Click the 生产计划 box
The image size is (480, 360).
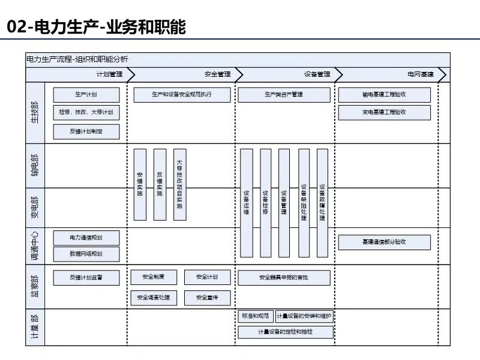click(86, 95)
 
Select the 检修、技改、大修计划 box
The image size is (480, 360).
click(86, 112)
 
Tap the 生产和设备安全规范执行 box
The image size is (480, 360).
click(182, 95)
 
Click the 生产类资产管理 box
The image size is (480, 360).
click(284, 95)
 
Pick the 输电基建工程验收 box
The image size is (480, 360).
click(384, 95)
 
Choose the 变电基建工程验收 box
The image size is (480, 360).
click(384, 112)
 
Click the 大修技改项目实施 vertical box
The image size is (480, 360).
click(179, 184)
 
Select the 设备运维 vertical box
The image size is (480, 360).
click(247, 203)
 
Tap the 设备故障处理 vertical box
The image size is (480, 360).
click(322, 203)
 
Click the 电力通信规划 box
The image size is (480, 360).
click(86, 238)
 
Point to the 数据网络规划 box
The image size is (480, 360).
click(86, 254)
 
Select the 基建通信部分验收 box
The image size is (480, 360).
click(384, 242)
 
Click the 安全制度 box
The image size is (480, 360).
click(154, 277)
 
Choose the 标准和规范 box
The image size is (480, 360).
click(256, 316)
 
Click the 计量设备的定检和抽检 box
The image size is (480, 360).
click(286, 332)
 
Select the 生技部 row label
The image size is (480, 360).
click(35, 112)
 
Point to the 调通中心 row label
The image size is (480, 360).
click(35, 246)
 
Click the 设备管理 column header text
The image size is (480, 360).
click(317, 74)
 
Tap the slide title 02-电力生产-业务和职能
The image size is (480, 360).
click(96, 27)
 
